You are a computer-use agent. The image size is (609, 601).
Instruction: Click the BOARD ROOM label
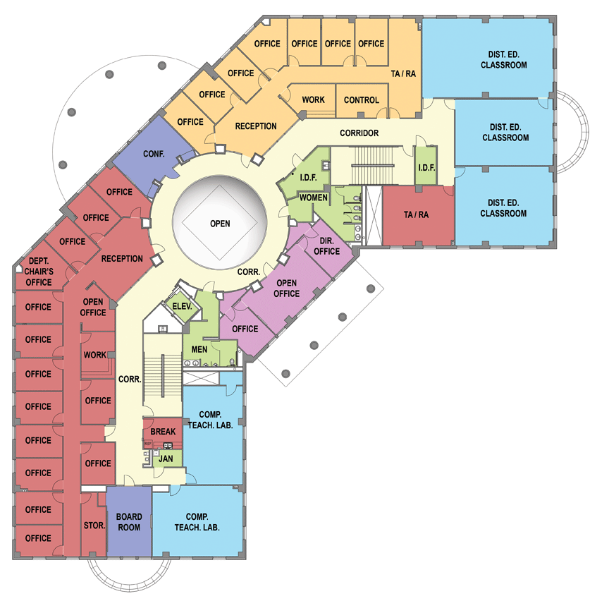point(129,522)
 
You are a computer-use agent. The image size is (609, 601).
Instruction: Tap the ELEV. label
point(182,306)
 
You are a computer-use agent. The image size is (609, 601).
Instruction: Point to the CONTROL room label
point(361,100)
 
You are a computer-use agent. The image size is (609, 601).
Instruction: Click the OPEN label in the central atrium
point(220,224)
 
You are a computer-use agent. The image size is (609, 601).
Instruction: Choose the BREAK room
point(163,432)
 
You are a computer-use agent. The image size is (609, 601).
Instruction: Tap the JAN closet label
point(166,459)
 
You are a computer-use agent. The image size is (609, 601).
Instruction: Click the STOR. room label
point(94,526)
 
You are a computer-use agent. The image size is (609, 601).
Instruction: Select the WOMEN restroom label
point(313,198)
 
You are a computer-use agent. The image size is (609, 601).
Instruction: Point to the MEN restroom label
point(199,349)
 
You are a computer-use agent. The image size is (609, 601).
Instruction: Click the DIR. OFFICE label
point(326,246)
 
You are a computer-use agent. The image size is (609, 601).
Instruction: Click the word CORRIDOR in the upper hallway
point(359,133)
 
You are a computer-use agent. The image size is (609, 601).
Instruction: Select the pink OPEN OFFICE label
point(287,288)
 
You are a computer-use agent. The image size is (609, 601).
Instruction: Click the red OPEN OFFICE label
point(93,307)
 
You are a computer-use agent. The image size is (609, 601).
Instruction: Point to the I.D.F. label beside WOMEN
point(309,178)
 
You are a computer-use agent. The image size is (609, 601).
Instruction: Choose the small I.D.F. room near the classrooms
point(426,166)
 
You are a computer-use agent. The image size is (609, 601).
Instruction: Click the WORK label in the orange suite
point(313,99)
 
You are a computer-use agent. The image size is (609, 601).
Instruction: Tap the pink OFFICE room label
point(245,329)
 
